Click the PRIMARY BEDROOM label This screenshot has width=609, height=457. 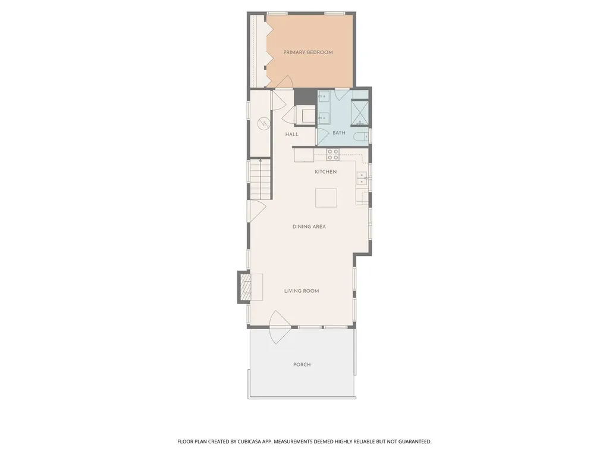tap(308, 52)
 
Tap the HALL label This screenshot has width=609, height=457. tap(291, 134)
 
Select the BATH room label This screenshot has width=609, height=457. tap(338, 133)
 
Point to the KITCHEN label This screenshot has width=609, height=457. tap(325, 172)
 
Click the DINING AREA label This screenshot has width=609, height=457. tap(309, 227)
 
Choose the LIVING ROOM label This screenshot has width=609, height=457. tap(302, 290)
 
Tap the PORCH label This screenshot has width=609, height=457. tap(302, 365)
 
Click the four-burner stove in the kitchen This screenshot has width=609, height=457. tap(333, 155)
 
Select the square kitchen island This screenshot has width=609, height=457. tap(326, 198)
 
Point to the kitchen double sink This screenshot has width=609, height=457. tap(362, 179)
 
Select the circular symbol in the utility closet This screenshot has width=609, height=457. tap(263, 124)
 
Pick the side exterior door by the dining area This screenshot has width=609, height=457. tap(257, 211)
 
